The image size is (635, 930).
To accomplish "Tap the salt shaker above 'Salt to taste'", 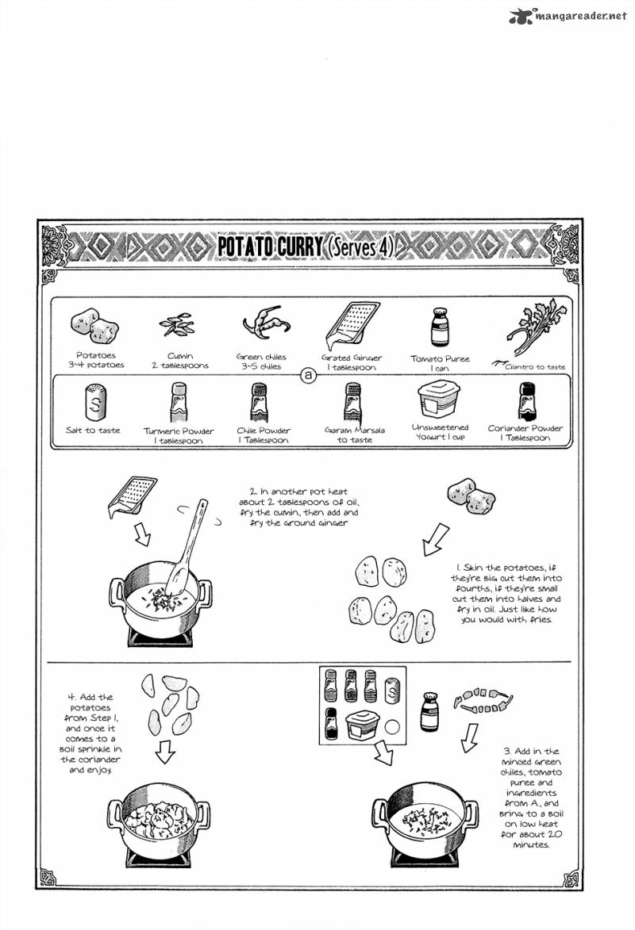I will coord(93,402).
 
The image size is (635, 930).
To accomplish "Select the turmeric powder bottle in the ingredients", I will coord(178,402).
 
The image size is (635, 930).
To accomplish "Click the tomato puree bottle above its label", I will coord(439,327).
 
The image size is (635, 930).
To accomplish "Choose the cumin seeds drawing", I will coord(178,325).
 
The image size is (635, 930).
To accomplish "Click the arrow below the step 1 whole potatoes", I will coord(435,539).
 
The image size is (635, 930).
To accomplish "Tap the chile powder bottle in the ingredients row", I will coord(263,402).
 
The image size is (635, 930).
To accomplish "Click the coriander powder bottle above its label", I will coord(525,400).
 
